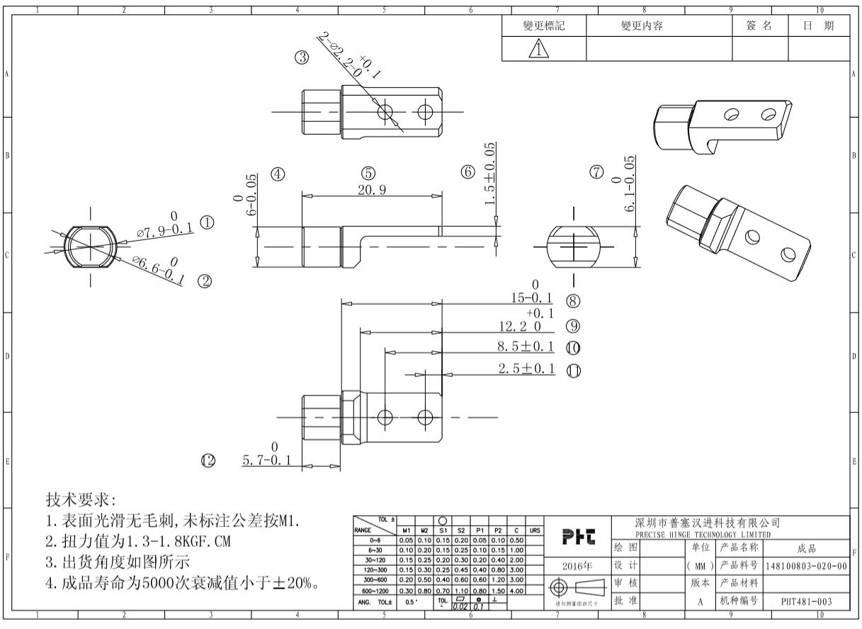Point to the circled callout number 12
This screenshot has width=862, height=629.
click(x=208, y=461)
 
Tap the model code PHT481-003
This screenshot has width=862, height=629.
click(x=806, y=601)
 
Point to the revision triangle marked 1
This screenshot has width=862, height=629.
click(x=541, y=49)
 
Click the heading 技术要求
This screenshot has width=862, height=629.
click(x=75, y=499)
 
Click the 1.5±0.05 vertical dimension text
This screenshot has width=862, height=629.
click(x=489, y=174)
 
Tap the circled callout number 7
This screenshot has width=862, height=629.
click(x=597, y=172)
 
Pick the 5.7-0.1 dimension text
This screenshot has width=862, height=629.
click(x=266, y=461)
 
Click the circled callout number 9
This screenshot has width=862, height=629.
click(x=573, y=326)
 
